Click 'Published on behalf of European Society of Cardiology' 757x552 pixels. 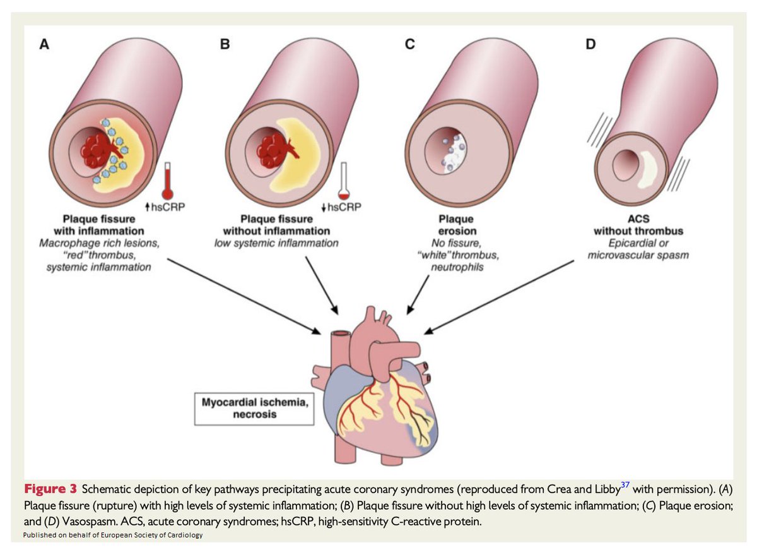coord(114,536)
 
